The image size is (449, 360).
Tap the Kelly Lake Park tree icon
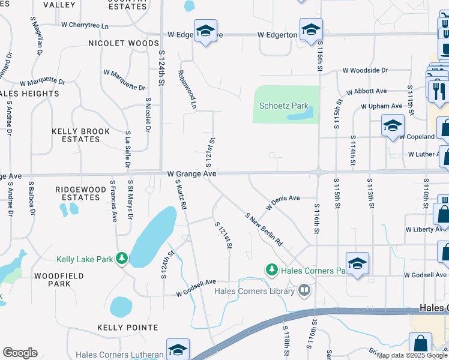click(122, 259)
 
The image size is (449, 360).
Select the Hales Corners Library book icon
click(305, 292)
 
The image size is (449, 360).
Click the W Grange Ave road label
click(191, 173)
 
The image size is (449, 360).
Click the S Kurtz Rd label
click(181, 193)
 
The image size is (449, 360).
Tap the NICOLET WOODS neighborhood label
click(123, 43)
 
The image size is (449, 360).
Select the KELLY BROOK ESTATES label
click(80, 135)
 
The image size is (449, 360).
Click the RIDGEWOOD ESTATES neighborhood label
click(81, 193)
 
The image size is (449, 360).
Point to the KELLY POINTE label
click(128, 328)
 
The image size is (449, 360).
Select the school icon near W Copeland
click(392, 126)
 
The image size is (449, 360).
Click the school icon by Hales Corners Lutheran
click(178, 350)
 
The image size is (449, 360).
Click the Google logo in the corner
click(20, 353)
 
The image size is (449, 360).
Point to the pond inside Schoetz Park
click(301, 113)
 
